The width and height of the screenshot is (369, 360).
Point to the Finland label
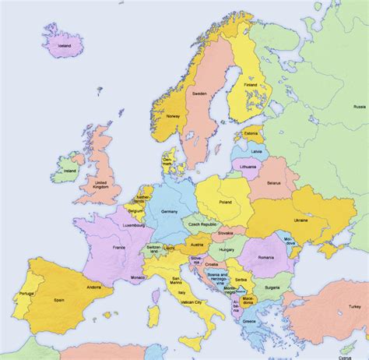tap(251, 84)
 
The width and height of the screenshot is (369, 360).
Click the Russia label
tap(360, 106)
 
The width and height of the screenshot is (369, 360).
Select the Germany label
tap(169, 211)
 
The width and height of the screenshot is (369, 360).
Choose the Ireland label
tap(70, 171)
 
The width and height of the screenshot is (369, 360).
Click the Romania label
tap(268, 256)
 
